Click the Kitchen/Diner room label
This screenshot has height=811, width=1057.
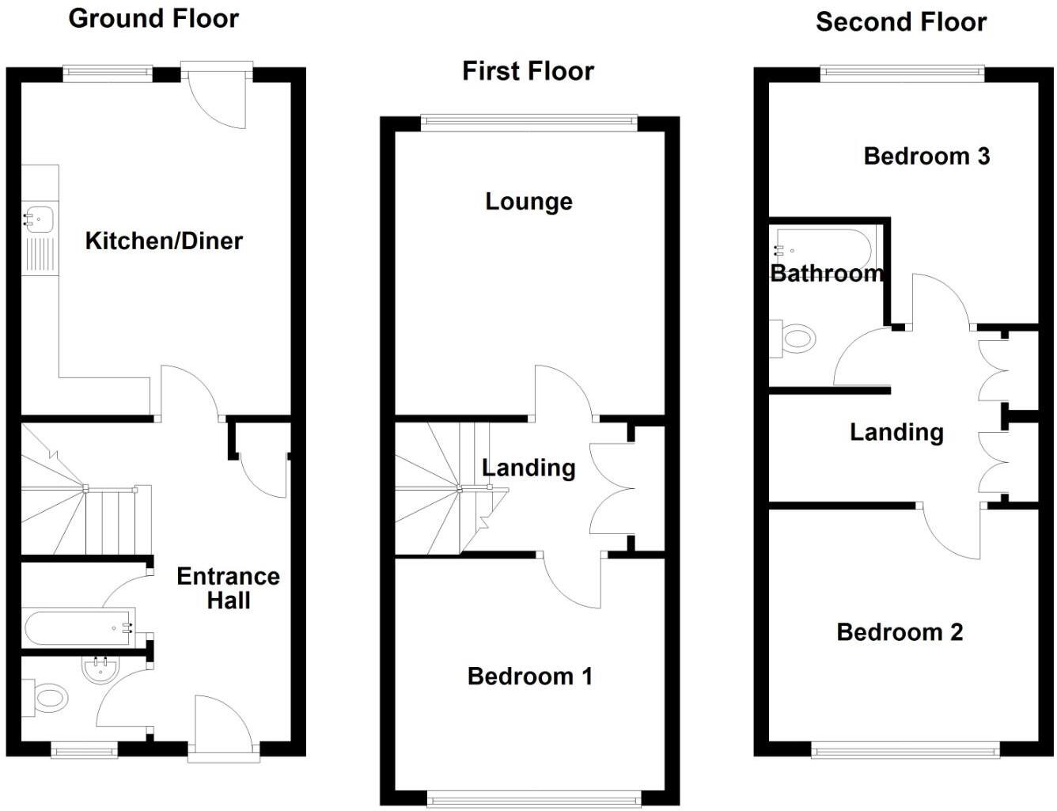click(164, 241)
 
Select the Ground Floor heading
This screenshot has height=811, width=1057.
click(153, 18)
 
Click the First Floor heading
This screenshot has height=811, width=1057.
click(528, 71)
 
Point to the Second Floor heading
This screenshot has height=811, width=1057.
click(901, 22)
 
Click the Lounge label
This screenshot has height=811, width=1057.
click(528, 202)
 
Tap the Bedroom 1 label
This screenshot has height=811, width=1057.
click(529, 676)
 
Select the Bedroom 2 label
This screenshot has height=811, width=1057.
click(900, 632)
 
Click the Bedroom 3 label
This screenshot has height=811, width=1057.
click(926, 156)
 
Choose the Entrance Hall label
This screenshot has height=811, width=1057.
click(228, 588)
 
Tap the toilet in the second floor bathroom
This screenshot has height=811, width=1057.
click(795, 339)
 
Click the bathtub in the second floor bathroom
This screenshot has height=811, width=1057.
click(824, 248)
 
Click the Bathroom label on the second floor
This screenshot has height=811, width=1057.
click(827, 274)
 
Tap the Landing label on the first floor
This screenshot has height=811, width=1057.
click(528, 468)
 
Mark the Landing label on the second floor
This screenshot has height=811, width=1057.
click(896, 432)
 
